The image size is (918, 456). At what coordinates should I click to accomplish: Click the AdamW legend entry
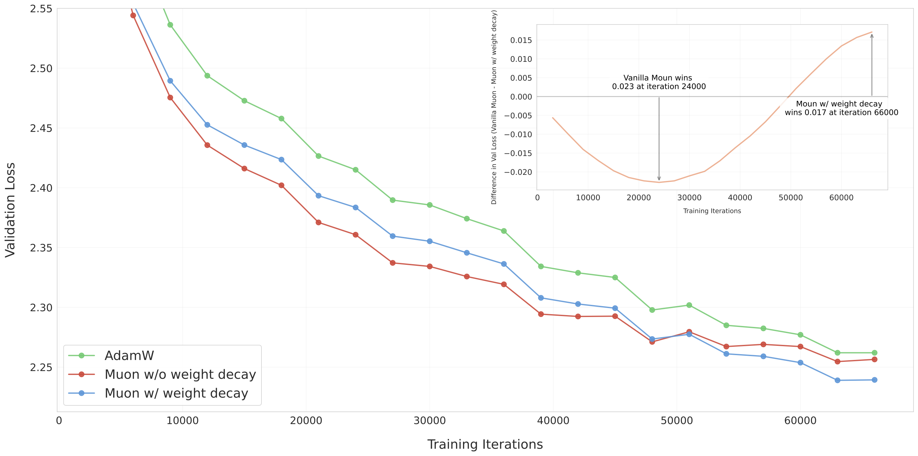129,355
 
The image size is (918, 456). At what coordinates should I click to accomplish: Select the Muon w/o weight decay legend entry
180,374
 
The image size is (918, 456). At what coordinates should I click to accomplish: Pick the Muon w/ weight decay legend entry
176,393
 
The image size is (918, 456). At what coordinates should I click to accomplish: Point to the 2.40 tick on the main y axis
41,188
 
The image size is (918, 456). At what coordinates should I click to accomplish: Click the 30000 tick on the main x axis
429,421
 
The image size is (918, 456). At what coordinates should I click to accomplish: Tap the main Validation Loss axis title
10,210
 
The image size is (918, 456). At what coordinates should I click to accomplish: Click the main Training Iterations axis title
485,444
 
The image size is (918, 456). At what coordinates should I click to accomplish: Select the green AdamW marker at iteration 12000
207,76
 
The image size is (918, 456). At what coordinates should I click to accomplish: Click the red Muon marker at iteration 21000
318,222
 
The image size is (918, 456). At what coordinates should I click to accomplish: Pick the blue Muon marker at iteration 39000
541,298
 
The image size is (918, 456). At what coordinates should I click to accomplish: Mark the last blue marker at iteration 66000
874,380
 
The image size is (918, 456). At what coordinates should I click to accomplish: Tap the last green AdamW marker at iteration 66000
874,353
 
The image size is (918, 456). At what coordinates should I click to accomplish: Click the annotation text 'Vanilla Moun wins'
657,78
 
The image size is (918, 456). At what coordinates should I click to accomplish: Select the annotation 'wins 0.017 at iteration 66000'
841,113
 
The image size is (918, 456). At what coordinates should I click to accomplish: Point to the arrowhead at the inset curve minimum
659,179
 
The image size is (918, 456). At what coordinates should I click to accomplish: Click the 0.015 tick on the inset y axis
521,40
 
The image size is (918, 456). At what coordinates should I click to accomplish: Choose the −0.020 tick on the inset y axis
518,172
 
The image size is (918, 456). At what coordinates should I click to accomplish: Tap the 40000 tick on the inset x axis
740,198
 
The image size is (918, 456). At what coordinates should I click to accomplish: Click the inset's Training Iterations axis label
712,211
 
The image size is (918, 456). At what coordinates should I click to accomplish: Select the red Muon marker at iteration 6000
133,15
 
